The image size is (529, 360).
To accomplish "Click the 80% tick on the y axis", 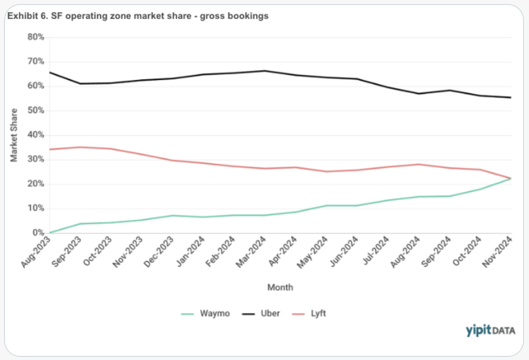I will tap(36, 37).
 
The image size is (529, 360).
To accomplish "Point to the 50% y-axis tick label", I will tap(36, 111).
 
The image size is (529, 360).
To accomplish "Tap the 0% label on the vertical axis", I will tap(39, 233).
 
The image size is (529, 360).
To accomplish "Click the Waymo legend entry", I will tap(205, 314).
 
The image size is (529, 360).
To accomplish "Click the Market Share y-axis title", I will tap(14, 135).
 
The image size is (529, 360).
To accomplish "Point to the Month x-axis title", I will tap(280, 288).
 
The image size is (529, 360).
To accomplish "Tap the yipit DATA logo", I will tap(490, 330).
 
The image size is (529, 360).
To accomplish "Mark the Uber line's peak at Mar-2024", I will tap(265, 71).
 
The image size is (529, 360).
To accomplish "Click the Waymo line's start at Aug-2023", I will tap(50, 233).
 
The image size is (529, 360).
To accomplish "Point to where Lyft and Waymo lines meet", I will tap(511, 178).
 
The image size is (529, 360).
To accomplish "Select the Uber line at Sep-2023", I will tap(80, 83).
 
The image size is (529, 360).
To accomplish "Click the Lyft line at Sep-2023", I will tap(80, 147).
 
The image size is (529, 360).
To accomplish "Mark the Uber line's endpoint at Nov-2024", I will tap(511, 98).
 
